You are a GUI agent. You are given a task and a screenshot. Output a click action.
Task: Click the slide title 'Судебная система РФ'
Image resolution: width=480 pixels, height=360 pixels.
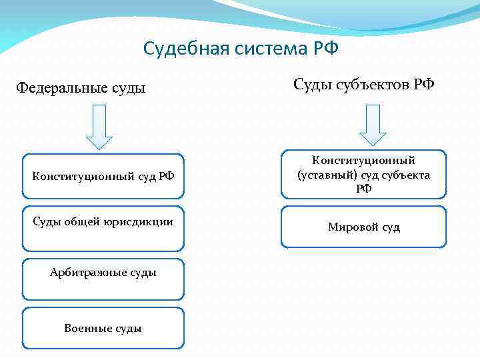point(241,49)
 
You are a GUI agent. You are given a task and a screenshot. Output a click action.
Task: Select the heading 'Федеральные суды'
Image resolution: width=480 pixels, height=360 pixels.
point(81,87)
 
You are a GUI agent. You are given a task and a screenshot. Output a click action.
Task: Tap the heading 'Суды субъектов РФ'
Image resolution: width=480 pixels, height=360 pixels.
point(363,85)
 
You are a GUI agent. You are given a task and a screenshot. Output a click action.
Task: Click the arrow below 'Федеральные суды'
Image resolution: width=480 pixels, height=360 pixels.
point(99,126)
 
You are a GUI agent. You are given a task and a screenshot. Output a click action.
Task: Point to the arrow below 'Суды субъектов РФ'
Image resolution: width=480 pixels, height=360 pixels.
point(373,125)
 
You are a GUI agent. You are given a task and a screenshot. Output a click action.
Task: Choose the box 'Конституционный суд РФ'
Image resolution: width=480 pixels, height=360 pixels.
point(103,177)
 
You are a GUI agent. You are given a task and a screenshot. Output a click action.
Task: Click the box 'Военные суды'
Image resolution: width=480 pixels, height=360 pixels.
point(103,328)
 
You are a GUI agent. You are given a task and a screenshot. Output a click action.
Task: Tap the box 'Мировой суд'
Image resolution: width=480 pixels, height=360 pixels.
point(363,227)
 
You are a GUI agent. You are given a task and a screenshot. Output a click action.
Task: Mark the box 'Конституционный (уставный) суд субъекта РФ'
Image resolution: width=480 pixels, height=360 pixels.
point(363,174)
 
